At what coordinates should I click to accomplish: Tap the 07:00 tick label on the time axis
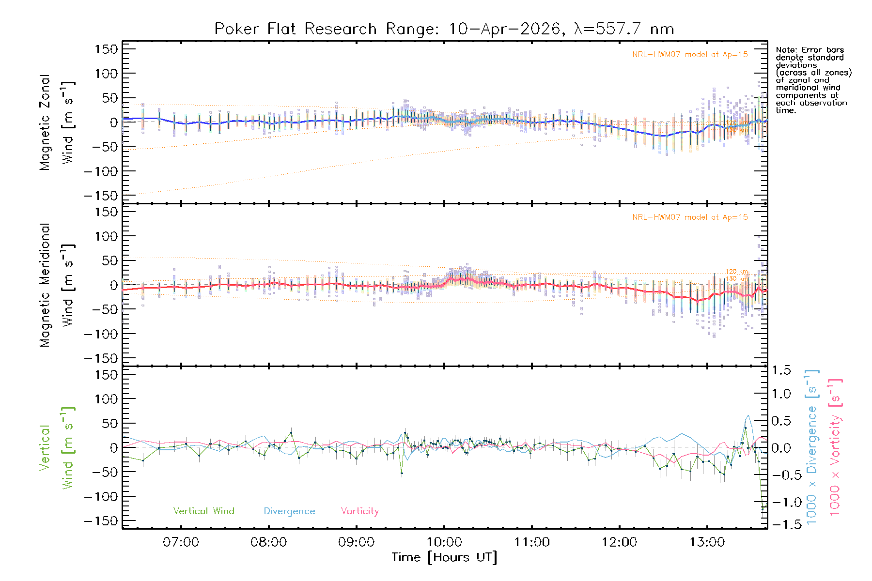tap(181, 542)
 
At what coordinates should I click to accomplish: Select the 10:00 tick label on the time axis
tap(444, 542)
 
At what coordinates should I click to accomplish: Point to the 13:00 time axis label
tap(707, 542)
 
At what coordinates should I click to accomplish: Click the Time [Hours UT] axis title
tap(444, 557)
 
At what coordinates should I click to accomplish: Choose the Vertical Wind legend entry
tap(203, 511)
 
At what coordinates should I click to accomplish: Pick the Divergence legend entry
tap(289, 511)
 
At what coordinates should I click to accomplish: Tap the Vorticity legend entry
tap(359, 511)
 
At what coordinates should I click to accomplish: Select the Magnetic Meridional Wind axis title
tap(57, 285)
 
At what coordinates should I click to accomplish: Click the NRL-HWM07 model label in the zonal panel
tap(690, 55)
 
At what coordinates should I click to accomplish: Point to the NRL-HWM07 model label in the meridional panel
tap(690, 217)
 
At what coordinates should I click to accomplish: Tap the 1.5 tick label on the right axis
tap(781, 370)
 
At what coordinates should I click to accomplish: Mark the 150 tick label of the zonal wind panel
tap(106, 49)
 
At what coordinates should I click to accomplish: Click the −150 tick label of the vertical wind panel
tap(101, 521)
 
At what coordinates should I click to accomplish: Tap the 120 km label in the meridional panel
tap(737, 272)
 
